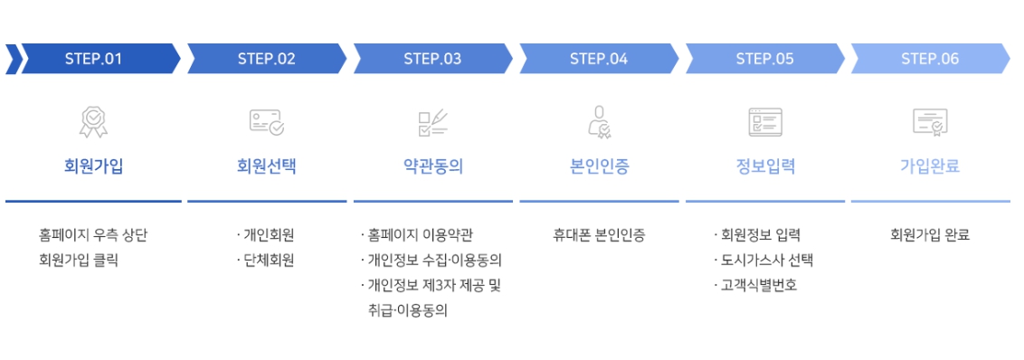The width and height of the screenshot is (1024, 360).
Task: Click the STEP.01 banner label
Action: click(x=93, y=60)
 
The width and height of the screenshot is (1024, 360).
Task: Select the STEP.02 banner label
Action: click(x=267, y=60)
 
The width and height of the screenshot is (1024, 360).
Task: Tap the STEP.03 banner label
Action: click(x=432, y=60)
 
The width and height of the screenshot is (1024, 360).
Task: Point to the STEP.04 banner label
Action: click(x=599, y=60)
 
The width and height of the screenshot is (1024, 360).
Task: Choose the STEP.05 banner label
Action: click(x=764, y=60)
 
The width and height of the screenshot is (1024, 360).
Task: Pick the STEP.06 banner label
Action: click(x=930, y=60)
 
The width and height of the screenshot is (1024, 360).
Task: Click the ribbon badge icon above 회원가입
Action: click(x=93, y=121)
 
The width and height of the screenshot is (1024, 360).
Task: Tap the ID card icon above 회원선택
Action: click(x=267, y=121)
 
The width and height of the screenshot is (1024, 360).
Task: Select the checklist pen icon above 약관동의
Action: click(x=432, y=121)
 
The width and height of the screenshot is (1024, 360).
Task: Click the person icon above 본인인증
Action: click(x=599, y=121)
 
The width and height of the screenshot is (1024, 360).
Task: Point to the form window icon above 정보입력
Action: click(x=764, y=121)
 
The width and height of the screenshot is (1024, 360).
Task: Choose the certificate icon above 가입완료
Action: click(x=930, y=121)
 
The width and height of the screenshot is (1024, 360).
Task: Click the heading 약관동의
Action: click(x=432, y=166)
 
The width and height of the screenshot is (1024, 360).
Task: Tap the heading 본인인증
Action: click(x=599, y=166)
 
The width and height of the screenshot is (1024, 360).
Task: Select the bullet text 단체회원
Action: click(x=269, y=261)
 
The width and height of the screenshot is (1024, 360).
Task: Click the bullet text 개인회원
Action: click(x=269, y=235)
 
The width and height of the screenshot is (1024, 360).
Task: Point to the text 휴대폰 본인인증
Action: click(x=599, y=235)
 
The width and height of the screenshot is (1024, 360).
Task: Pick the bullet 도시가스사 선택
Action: click(x=766, y=261)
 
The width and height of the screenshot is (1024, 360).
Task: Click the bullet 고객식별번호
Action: click(x=759, y=286)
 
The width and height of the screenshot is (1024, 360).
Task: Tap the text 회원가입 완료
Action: click(x=930, y=235)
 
